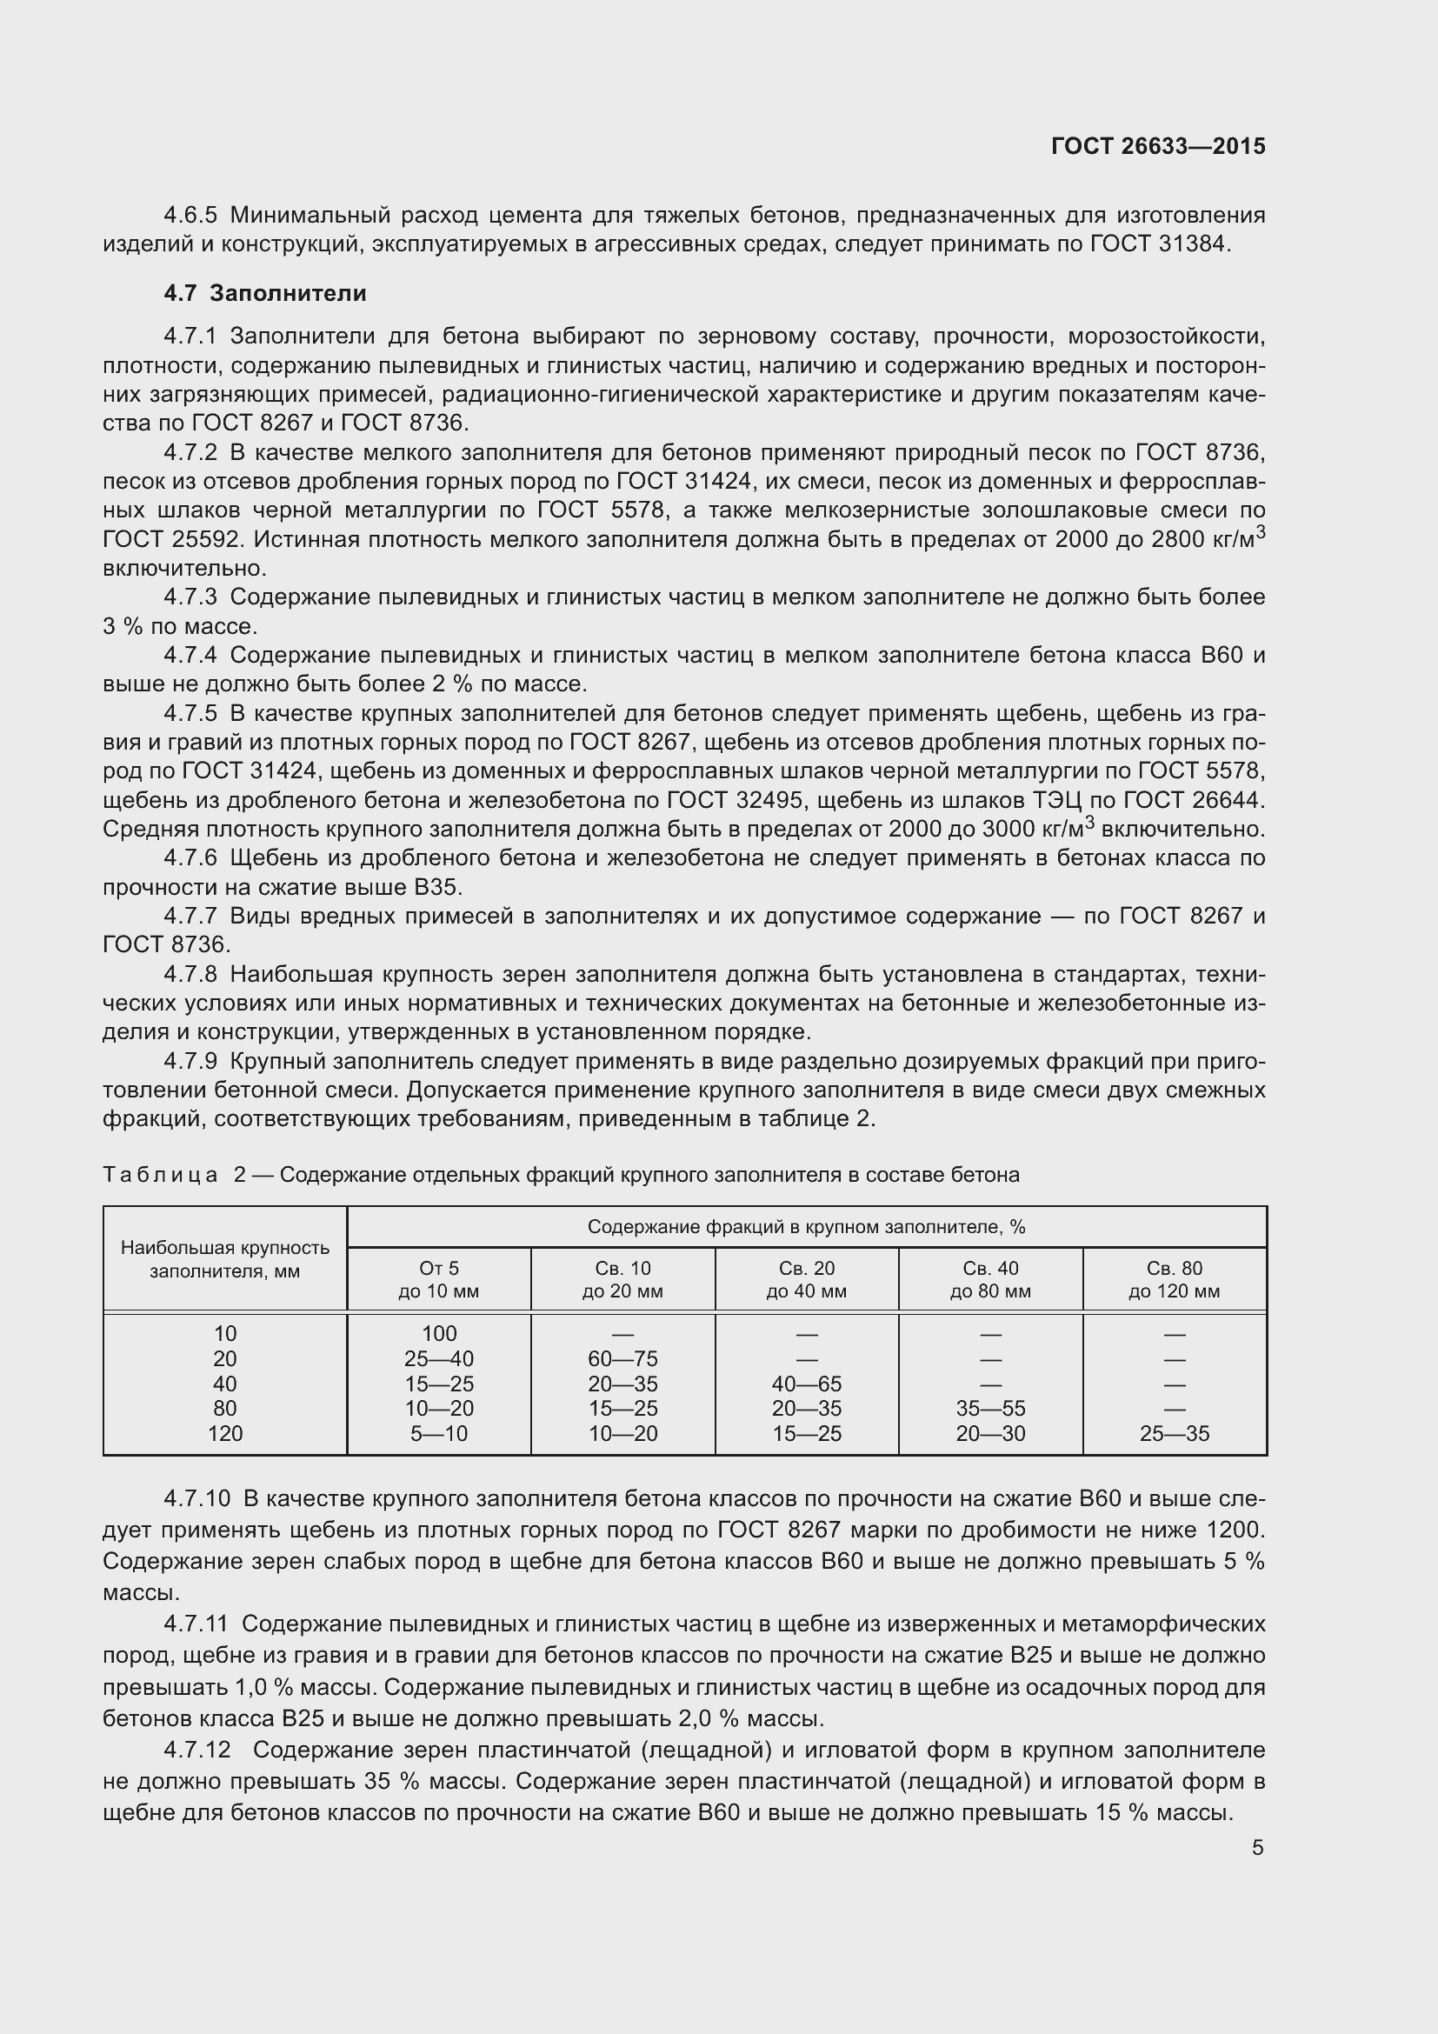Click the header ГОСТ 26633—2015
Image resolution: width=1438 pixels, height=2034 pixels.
pyautogui.click(x=1157, y=146)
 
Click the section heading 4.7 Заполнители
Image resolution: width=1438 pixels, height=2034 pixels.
pyautogui.click(x=265, y=293)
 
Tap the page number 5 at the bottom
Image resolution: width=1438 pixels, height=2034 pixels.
pyautogui.click(x=1257, y=1848)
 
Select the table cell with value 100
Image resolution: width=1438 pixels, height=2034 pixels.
pyautogui.click(x=439, y=1333)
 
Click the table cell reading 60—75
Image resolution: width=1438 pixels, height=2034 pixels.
pyautogui.click(x=622, y=1359)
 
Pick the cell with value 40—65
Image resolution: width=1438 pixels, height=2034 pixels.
pyautogui.click(x=807, y=1384)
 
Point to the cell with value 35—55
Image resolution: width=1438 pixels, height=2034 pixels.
pyautogui.click(x=990, y=1409)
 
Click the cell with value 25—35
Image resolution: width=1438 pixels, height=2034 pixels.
pyautogui.click(x=1174, y=1433)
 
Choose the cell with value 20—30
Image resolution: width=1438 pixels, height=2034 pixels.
pyautogui.click(x=990, y=1433)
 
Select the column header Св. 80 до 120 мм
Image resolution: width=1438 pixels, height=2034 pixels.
pyautogui.click(x=1174, y=1279)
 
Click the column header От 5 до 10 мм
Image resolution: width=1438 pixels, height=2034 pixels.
pyautogui.click(x=439, y=1279)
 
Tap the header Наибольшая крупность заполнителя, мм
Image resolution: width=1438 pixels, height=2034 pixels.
pyautogui.click(x=225, y=1259)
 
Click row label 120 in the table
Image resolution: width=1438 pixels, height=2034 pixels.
pyautogui.click(x=225, y=1433)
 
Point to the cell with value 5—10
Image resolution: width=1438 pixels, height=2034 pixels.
pyautogui.click(x=439, y=1433)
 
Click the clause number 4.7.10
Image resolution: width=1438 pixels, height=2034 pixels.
pyautogui.click(x=196, y=1499)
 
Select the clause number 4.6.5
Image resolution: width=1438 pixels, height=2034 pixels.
pyautogui.click(x=190, y=216)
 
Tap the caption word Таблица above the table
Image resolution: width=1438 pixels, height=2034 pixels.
pyautogui.click(x=160, y=1175)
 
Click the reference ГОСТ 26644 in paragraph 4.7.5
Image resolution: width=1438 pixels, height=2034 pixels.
pyautogui.click(x=1193, y=800)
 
